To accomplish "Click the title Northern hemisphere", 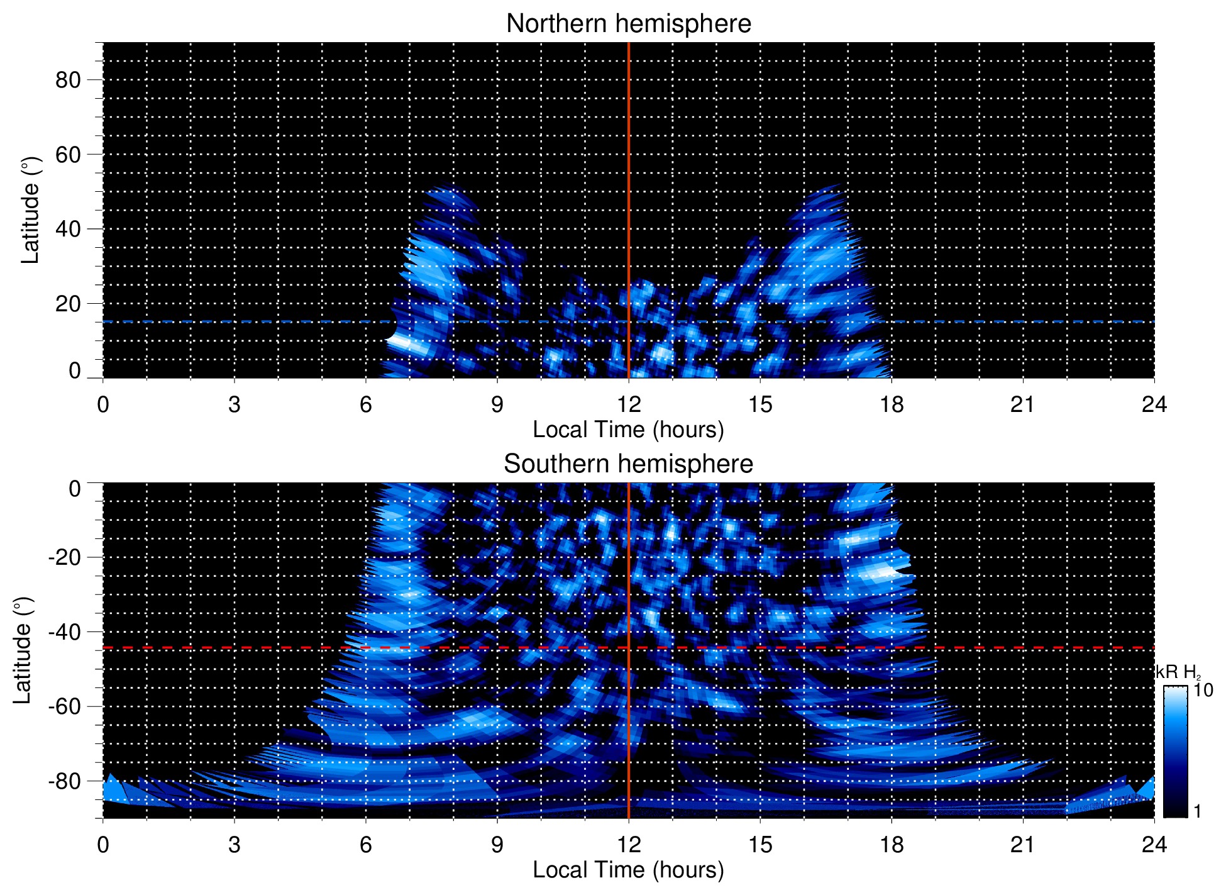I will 628,24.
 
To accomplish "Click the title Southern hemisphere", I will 628,464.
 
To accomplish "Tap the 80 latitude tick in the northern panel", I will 68,80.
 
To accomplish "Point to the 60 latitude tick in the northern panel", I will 68,154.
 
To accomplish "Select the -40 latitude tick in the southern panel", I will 64,631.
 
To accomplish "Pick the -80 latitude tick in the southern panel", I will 64,781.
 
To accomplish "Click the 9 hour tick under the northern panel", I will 497,404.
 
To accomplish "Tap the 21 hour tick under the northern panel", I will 1022,404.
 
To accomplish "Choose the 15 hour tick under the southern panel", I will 759,844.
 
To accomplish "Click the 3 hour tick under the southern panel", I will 235,844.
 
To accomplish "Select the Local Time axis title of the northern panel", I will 628,430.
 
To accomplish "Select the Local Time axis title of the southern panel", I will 628,870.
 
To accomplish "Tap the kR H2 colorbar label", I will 1178,672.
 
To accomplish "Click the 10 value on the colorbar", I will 1203,690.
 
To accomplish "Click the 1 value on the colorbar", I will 1197,811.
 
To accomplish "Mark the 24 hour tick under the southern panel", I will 1154,844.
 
